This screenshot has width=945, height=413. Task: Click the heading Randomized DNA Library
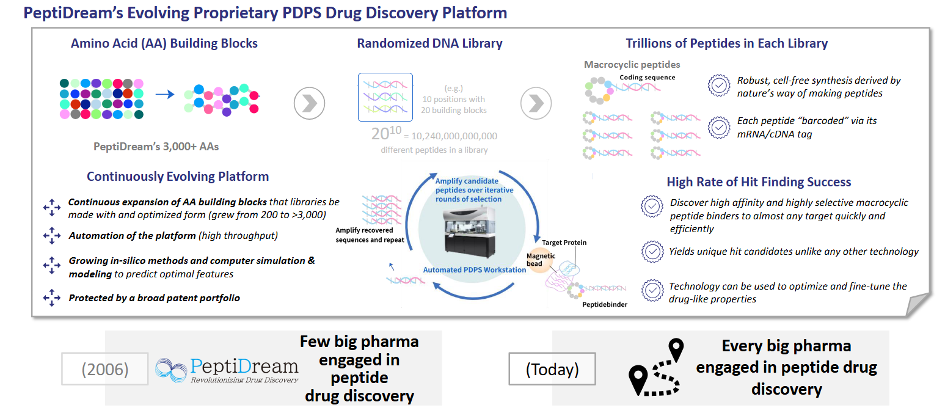(429, 43)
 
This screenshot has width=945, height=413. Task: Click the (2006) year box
(104, 370)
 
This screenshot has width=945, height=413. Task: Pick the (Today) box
(552, 370)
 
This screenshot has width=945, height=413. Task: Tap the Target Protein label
(564, 243)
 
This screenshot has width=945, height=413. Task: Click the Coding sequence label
(648, 78)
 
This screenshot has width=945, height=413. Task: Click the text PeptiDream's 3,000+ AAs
(156, 146)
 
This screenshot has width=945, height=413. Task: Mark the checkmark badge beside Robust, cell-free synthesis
(719, 86)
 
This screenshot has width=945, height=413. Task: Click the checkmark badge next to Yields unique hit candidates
(652, 251)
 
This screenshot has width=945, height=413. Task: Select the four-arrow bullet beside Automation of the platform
(52, 235)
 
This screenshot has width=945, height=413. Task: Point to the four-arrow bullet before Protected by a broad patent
(52, 298)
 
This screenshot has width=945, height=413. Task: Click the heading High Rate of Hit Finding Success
(759, 182)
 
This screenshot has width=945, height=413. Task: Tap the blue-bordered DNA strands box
(385, 97)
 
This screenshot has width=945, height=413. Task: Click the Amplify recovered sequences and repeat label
(370, 235)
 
